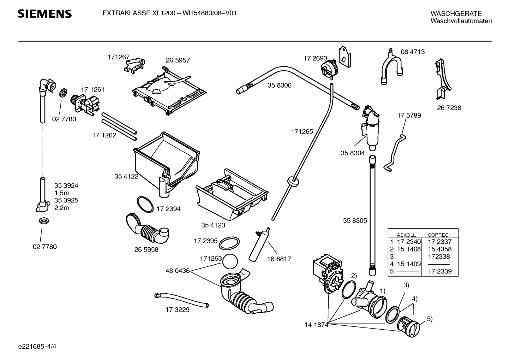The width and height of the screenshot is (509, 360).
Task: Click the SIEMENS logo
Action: pyautogui.click(x=45, y=14)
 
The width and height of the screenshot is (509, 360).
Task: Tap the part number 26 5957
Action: pyautogui.click(x=178, y=60)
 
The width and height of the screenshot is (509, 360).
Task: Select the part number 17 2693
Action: pyautogui.click(x=315, y=58)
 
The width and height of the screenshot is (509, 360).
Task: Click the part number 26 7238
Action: pyautogui.click(x=449, y=108)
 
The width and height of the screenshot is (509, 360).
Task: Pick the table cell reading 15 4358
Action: pyautogui.click(x=440, y=249)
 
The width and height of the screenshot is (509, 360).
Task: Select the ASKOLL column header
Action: pyautogui.click(x=406, y=235)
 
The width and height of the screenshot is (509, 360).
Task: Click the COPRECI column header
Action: pyautogui.click(x=438, y=235)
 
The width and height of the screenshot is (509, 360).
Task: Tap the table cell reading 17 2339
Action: pyautogui.click(x=440, y=271)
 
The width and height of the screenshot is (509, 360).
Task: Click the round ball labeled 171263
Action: pyautogui.click(x=230, y=261)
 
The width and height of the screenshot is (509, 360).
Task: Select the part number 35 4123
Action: pyautogui.click(x=213, y=225)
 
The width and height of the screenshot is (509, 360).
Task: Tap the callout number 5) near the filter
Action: pyautogui.click(x=430, y=319)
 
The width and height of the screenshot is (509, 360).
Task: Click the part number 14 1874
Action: pyautogui.click(x=317, y=325)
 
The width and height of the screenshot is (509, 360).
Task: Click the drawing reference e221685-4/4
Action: pyautogui.click(x=37, y=346)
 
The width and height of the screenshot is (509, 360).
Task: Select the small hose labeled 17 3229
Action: pyautogui.click(x=181, y=300)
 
